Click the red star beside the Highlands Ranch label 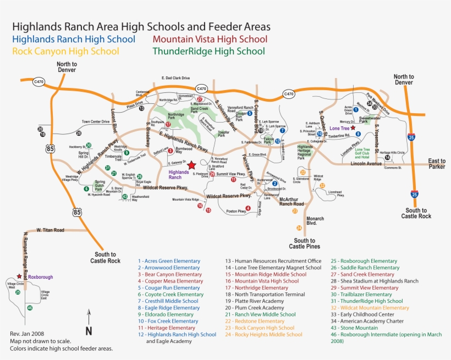point(191,165)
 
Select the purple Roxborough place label point(41,277)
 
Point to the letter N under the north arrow point(88,330)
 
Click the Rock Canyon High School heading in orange point(65,51)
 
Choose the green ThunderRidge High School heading point(208,51)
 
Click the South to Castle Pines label point(308,243)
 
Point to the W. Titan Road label point(51,230)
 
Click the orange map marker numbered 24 point(299,228)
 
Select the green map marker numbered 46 point(30,308)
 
